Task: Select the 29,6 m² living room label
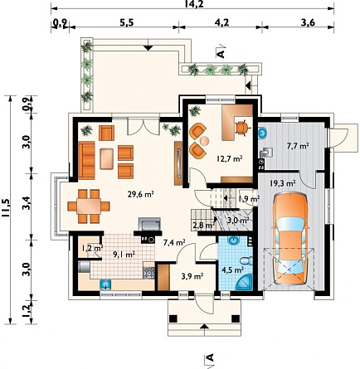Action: (x=141, y=194)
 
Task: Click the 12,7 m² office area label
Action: (x=230, y=159)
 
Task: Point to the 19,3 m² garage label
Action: (x=282, y=182)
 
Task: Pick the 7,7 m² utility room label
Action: (x=298, y=146)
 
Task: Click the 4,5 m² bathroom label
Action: (x=234, y=269)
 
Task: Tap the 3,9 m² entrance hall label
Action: (x=192, y=276)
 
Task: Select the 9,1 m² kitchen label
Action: (x=124, y=255)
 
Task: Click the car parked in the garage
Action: (x=290, y=240)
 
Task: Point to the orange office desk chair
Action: (x=242, y=128)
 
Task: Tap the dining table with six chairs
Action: (x=89, y=206)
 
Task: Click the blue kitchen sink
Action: (x=105, y=284)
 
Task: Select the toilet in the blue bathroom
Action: (x=246, y=260)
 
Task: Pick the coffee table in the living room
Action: (x=107, y=158)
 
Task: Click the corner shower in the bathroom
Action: (x=245, y=282)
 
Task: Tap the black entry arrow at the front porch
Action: (x=204, y=326)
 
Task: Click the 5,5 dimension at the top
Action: (x=127, y=22)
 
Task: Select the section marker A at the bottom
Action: (x=209, y=357)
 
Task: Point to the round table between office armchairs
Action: (x=205, y=141)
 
